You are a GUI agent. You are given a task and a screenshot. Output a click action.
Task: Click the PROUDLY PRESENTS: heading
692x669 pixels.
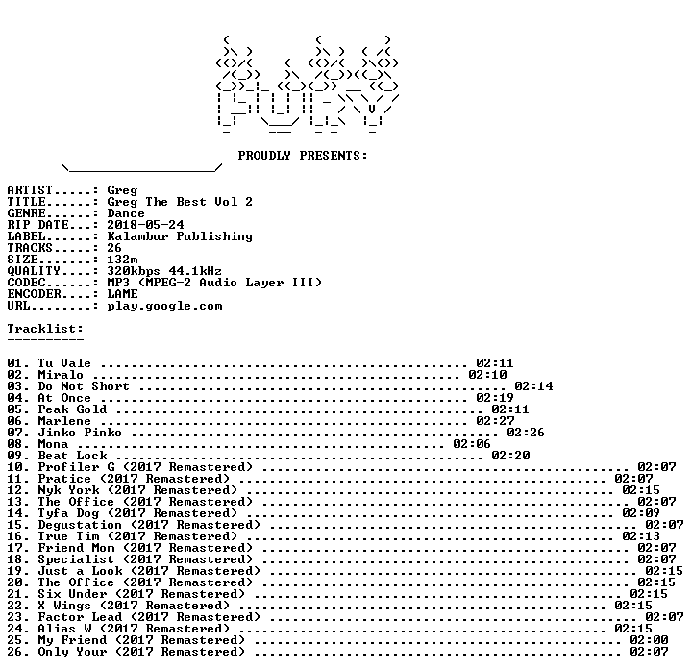click(303, 156)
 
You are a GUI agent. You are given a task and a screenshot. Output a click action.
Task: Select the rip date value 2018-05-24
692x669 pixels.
click(145, 225)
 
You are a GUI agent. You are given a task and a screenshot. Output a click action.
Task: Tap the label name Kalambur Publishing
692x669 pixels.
click(180, 236)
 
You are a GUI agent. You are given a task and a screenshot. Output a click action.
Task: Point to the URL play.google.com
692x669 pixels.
click(164, 307)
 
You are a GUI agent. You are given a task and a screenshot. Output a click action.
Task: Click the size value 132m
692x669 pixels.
click(122, 260)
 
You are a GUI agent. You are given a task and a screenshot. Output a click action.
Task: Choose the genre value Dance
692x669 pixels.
click(126, 213)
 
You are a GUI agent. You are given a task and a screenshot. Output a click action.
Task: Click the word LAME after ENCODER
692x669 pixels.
click(122, 294)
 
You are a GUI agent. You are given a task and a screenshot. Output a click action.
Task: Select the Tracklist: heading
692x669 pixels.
click(45, 329)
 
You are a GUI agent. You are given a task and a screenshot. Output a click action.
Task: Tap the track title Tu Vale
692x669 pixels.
click(64, 363)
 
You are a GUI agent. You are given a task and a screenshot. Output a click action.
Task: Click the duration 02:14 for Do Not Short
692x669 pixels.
click(533, 386)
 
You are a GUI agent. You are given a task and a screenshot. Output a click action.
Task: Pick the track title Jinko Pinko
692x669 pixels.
click(80, 433)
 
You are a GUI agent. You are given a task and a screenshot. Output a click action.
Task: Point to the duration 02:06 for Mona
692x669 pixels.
click(472, 444)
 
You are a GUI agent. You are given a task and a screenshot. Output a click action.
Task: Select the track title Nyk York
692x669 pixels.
click(68, 490)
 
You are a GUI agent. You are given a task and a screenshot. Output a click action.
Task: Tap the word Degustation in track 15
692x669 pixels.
click(80, 525)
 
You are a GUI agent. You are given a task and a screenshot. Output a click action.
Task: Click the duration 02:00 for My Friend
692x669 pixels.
click(649, 640)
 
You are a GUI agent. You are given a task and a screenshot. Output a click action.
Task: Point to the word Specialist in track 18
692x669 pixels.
click(76, 559)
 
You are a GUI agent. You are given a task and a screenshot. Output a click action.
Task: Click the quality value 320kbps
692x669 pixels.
click(134, 271)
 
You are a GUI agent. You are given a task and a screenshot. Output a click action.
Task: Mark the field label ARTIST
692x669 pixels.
click(30, 190)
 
